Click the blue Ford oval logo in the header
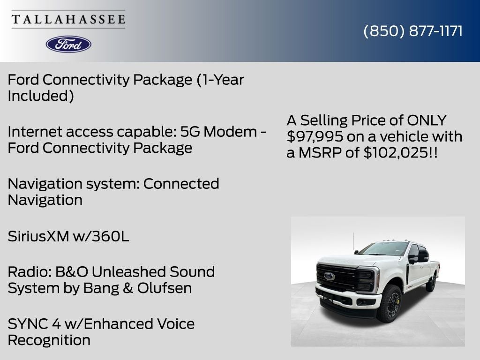point(68,45)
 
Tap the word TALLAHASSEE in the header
point(68,19)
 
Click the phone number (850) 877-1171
point(413,31)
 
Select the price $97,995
point(315,136)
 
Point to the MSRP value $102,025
point(395,152)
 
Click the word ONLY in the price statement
point(427,120)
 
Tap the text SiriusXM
point(38,236)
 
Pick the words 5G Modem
point(218,132)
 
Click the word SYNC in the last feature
point(28,324)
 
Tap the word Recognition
point(49,340)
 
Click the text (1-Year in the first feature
point(220,80)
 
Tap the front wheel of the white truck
point(390,304)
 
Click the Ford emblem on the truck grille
point(330,277)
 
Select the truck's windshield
point(384,248)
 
